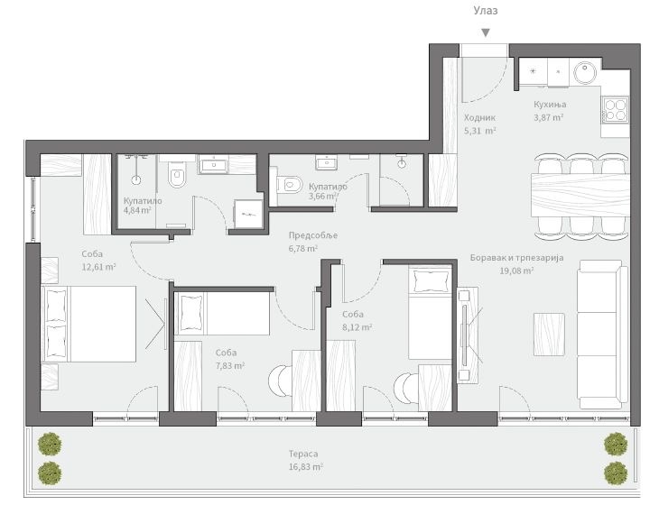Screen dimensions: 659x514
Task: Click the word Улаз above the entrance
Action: [486, 11]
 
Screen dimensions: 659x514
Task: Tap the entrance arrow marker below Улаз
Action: [486, 32]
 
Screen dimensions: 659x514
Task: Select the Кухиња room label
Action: [550, 104]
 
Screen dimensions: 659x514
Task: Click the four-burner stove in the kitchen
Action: [616, 109]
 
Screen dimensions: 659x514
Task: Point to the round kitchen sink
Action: [585, 73]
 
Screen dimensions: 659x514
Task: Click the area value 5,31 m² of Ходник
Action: [480, 131]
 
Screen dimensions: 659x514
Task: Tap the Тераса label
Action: [303, 454]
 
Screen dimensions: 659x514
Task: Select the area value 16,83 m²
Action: [305, 467]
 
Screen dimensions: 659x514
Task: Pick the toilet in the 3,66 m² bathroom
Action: [288, 185]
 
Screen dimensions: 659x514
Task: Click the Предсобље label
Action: [313, 235]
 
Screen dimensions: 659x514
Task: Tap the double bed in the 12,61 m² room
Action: [88, 324]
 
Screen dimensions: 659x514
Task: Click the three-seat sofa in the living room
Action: [602, 335]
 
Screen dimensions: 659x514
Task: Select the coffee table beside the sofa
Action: [549, 335]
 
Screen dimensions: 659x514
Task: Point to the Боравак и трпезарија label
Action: [516, 258]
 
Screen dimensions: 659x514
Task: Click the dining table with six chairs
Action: [580, 195]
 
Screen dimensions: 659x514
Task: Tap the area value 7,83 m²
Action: [230, 366]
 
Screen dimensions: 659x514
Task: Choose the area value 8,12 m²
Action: [357, 327]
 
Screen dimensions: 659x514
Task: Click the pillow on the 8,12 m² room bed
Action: [431, 281]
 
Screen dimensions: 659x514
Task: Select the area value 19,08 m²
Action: [516, 271]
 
